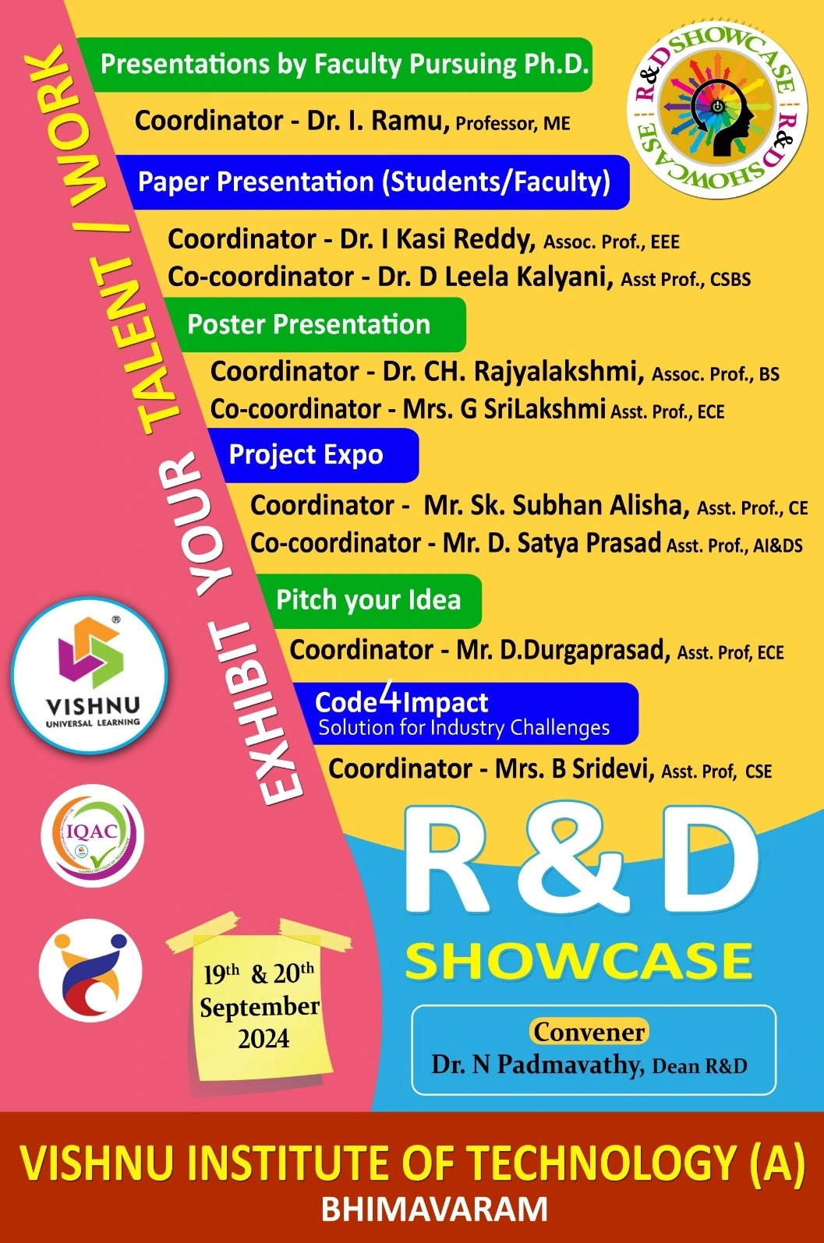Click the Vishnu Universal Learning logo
(x=90, y=676)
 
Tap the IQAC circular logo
(x=92, y=835)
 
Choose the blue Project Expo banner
(x=313, y=455)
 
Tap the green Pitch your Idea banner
(x=369, y=601)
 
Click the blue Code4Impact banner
(x=466, y=714)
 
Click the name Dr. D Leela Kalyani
(x=496, y=277)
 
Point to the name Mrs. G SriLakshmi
(x=504, y=409)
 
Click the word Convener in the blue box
(x=589, y=1032)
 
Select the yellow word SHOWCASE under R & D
(x=578, y=961)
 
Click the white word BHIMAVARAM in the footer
(x=435, y=1209)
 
